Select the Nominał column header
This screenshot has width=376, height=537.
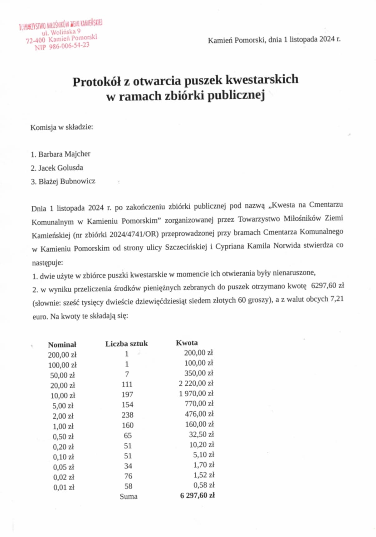(62, 344)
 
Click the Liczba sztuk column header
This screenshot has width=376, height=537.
(126, 344)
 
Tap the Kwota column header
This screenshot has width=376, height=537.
(187, 343)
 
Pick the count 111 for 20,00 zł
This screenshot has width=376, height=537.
(127, 384)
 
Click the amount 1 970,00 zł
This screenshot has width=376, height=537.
(196, 393)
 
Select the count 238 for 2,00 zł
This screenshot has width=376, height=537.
(127, 415)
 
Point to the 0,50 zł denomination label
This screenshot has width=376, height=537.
(63, 436)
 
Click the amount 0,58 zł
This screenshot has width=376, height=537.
(204, 485)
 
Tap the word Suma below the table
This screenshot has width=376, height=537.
(128, 496)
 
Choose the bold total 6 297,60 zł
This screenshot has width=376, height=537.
(197, 495)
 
